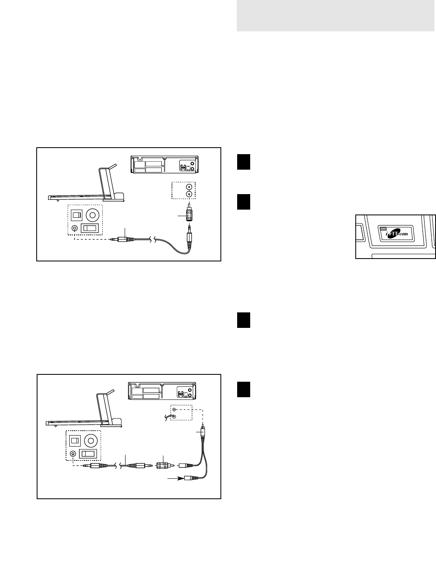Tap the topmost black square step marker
pyautogui.click(x=244, y=161)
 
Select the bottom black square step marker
pyautogui.click(x=244, y=389)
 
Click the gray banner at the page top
pyautogui.click(x=335, y=15)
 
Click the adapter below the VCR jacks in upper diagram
pyautogui.click(x=189, y=215)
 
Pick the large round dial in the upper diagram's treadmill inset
pyautogui.click(x=93, y=215)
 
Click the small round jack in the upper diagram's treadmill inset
pyautogui.click(x=75, y=228)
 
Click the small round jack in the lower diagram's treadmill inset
pyautogui.click(x=73, y=453)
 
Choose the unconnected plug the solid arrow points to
pyautogui.click(x=192, y=478)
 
